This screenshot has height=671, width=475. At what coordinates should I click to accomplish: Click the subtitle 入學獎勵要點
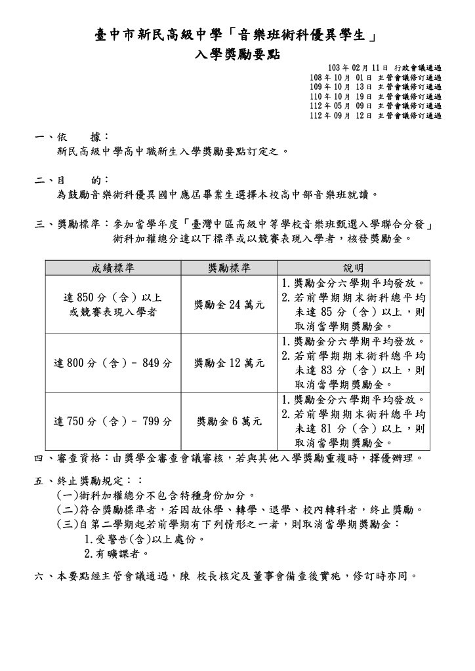[237, 54]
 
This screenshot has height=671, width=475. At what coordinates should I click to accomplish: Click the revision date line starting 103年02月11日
[384, 68]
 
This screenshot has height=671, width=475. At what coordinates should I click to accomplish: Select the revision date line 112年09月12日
[375, 115]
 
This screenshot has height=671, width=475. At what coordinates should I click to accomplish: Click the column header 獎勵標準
[229, 268]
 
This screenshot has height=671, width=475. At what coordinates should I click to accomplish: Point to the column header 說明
[354, 268]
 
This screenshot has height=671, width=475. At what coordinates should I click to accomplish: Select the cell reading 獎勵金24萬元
[229, 305]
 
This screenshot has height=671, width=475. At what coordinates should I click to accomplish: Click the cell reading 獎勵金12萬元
[229, 362]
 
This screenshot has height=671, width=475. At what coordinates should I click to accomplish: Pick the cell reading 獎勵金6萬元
[229, 421]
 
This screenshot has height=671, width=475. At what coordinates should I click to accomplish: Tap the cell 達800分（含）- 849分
[113, 362]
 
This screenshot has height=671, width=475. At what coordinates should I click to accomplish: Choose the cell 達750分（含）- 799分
[113, 421]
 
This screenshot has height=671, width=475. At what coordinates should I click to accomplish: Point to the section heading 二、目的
[72, 180]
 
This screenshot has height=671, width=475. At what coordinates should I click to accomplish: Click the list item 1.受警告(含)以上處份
[145, 539]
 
